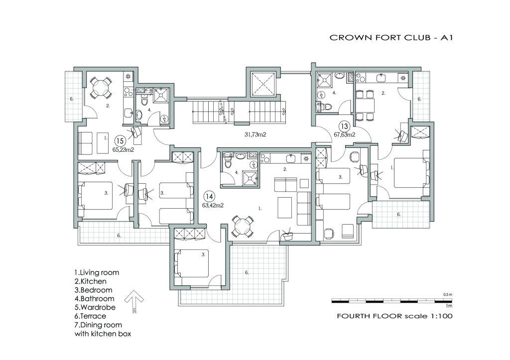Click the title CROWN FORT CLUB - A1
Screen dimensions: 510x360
[x=391, y=37]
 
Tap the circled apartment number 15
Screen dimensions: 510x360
[x=120, y=141]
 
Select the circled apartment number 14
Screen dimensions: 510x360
[x=209, y=196]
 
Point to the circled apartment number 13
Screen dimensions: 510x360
[x=344, y=126]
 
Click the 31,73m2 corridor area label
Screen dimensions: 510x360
[x=255, y=134]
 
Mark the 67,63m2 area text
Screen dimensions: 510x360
[x=345, y=134]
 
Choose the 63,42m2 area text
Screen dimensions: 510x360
[x=213, y=206]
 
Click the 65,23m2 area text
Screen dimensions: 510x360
[x=124, y=150]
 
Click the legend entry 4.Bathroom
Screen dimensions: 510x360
[x=94, y=299]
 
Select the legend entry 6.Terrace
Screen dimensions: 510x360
[x=91, y=316]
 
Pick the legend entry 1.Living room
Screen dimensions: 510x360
[x=97, y=272]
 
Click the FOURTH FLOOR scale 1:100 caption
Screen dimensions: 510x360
[x=394, y=316]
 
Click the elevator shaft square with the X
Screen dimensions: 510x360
[x=263, y=84]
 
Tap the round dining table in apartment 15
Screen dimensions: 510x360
[x=101, y=88]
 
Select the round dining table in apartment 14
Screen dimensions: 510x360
[x=243, y=227]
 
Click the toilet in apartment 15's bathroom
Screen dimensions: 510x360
[x=144, y=101]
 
